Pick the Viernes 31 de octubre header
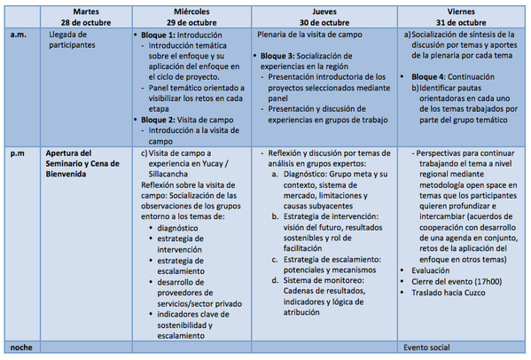pyautogui.click(x=459, y=15)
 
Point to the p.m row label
pyautogui.click(x=18, y=153)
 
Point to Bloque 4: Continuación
pyautogui.click(x=452, y=77)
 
